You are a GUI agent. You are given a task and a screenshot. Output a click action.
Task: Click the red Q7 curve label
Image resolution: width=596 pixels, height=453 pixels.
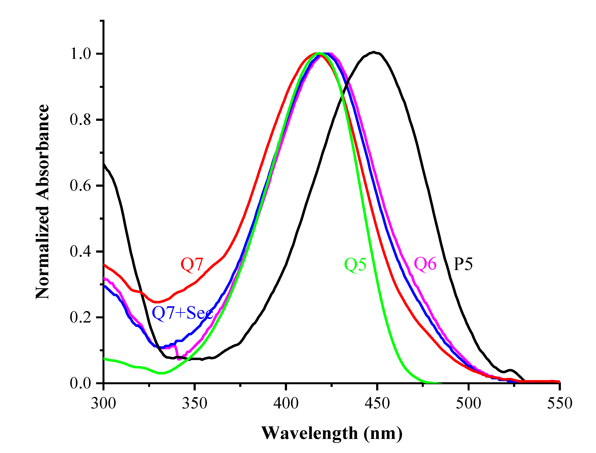pyautogui.click(x=192, y=265)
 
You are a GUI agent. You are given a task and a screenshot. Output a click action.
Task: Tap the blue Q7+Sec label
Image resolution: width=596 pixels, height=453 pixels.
pyautogui.click(x=182, y=313)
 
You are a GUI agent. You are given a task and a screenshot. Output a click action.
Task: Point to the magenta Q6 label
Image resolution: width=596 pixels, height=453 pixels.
pyautogui.click(x=425, y=264)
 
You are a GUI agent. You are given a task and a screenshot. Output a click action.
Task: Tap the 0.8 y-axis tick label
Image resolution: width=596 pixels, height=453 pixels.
pyautogui.click(x=81, y=120)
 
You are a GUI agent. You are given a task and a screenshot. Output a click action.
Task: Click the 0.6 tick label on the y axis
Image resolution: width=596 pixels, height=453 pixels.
pyautogui.click(x=81, y=186)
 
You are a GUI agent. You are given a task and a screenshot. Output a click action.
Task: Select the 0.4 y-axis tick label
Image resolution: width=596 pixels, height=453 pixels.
pyautogui.click(x=81, y=252)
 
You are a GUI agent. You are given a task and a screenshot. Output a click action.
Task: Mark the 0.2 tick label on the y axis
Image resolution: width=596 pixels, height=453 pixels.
pyautogui.click(x=81, y=317)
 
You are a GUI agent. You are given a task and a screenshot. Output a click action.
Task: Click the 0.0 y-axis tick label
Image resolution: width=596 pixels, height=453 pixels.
pyautogui.click(x=81, y=383)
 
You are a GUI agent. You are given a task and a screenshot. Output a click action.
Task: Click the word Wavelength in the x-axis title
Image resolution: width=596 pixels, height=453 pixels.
pyautogui.click(x=310, y=433)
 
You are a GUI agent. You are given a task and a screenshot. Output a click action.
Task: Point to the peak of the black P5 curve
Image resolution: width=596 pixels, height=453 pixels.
pyautogui.click(x=374, y=52)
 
